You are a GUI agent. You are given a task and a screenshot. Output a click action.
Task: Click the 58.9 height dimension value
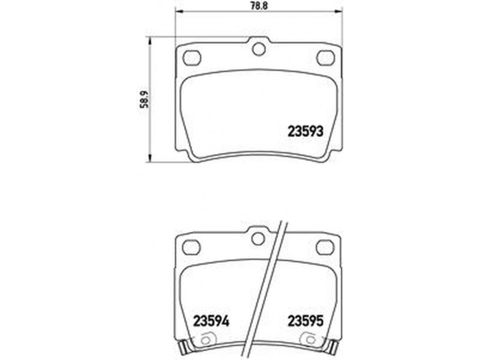[x=144, y=100]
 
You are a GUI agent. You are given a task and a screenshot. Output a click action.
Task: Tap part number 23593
[x=305, y=131]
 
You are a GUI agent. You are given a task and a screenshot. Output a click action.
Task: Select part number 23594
[x=211, y=321]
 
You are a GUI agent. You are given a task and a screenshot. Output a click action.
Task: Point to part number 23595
[x=305, y=321]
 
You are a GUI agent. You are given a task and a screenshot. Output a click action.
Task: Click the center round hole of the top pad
[x=259, y=49]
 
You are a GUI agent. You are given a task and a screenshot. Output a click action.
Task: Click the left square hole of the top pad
[x=192, y=58]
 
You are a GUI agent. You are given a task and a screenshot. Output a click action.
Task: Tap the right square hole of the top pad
[x=326, y=58]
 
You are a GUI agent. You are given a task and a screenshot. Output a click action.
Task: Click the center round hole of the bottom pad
[x=258, y=238]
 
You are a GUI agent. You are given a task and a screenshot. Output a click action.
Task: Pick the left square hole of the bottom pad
[x=191, y=247]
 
